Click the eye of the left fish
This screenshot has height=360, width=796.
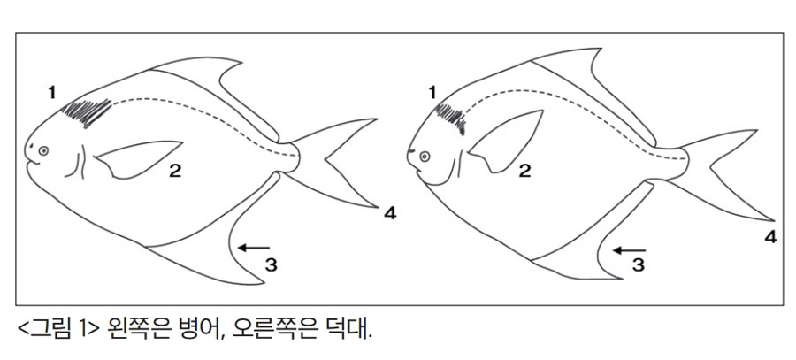tap(44, 150)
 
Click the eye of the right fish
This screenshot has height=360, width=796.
tap(425, 157)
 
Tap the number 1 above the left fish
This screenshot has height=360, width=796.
tap(52, 93)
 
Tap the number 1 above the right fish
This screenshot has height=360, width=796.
tap(432, 93)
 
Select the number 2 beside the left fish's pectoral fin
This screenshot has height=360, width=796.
tap(175, 171)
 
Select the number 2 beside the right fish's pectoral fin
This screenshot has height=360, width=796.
tap(524, 171)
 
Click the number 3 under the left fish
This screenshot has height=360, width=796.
tap(272, 264)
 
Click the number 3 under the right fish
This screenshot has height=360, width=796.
tap(638, 264)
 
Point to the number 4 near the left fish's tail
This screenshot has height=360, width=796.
tap(390, 214)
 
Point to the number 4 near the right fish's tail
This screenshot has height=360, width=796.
tap(770, 237)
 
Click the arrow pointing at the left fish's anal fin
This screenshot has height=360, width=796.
tap(255, 248)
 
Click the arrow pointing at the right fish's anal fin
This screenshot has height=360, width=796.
tap(630, 250)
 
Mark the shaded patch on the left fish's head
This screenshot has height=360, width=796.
tap(88, 112)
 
